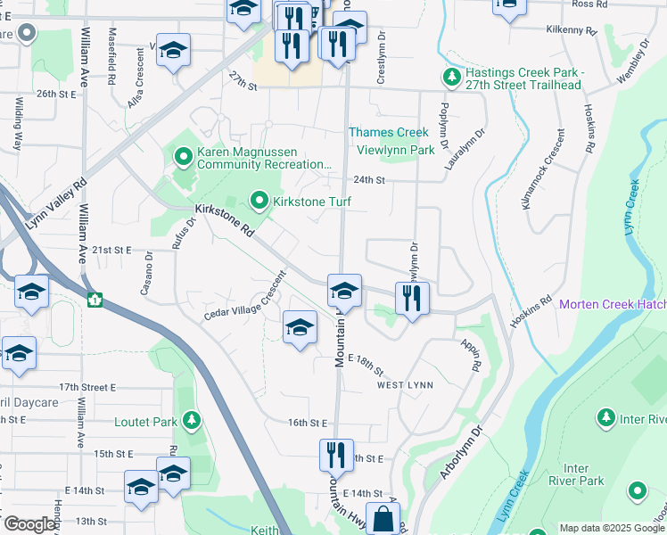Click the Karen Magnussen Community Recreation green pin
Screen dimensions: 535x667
[x=184, y=159]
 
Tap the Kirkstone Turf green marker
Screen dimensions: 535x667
[x=259, y=202]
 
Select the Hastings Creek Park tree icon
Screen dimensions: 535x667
[x=452, y=78]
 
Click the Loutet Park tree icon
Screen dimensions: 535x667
[x=190, y=421]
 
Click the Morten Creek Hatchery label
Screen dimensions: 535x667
[x=612, y=305]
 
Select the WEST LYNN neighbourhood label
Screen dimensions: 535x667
[x=405, y=385]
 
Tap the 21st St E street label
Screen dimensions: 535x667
[x=111, y=251]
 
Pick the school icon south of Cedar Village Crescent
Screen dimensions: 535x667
[x=300, y=326]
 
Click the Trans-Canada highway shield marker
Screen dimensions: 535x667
[x=95, y=300]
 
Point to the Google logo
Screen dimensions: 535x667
[x=30, y=524]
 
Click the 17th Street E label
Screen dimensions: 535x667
[x=88, y=388]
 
